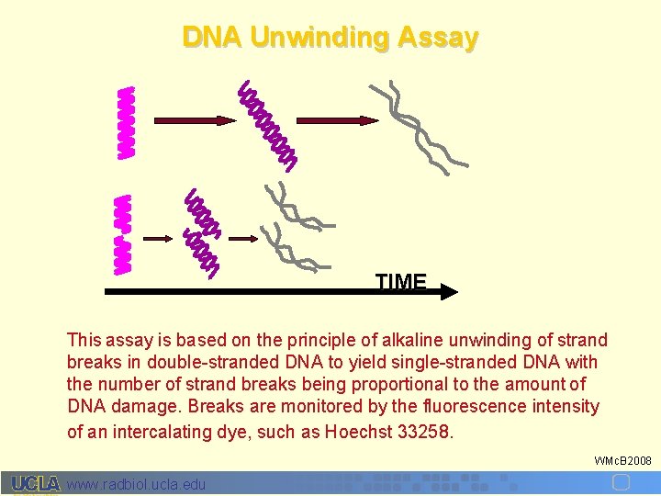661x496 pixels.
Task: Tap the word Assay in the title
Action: [438, 38]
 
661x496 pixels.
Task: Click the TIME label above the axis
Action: [401, 282]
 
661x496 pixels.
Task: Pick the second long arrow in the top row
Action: [333, 120]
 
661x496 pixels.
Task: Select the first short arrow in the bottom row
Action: [159, 238]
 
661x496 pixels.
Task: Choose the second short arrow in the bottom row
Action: [242, 238]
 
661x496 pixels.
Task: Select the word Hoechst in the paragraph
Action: [356, 429]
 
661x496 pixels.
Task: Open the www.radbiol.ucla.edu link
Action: [138, 484]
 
